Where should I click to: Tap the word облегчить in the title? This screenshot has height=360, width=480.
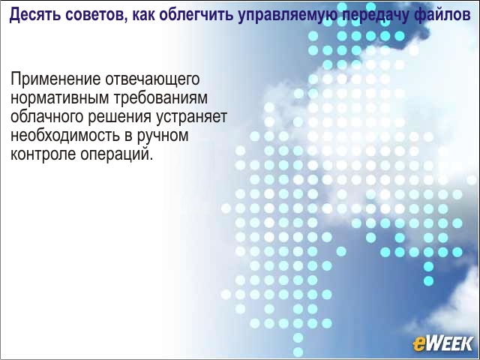pyautogui.click(x=196, y=15)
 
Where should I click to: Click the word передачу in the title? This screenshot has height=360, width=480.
pyautogui.click(x=374, y=15)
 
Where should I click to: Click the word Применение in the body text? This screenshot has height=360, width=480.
pyautogui.click(x=55, y=79)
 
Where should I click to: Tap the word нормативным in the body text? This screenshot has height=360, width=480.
pyautogui.click(x=60, y=98)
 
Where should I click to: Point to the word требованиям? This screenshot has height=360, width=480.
pyautogui.click(x=160, y=97)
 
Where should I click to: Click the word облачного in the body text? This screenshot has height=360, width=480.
pyautogui.click(x=47, y=117)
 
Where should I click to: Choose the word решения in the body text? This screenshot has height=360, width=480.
pyautogui.click(x=120, y=118)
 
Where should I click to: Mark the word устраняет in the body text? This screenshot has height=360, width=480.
pyautogui.click(x=191, y=118)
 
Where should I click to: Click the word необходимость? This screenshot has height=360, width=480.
pyautogui.click(x=65, y=135)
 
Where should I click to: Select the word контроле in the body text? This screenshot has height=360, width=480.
pyautogui.click(x=43, y=154)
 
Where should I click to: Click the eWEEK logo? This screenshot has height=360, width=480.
pyautogui.click(x=442, y=343)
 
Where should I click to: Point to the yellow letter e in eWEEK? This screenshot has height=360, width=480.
pyautogui.click(x=418, y=344)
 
